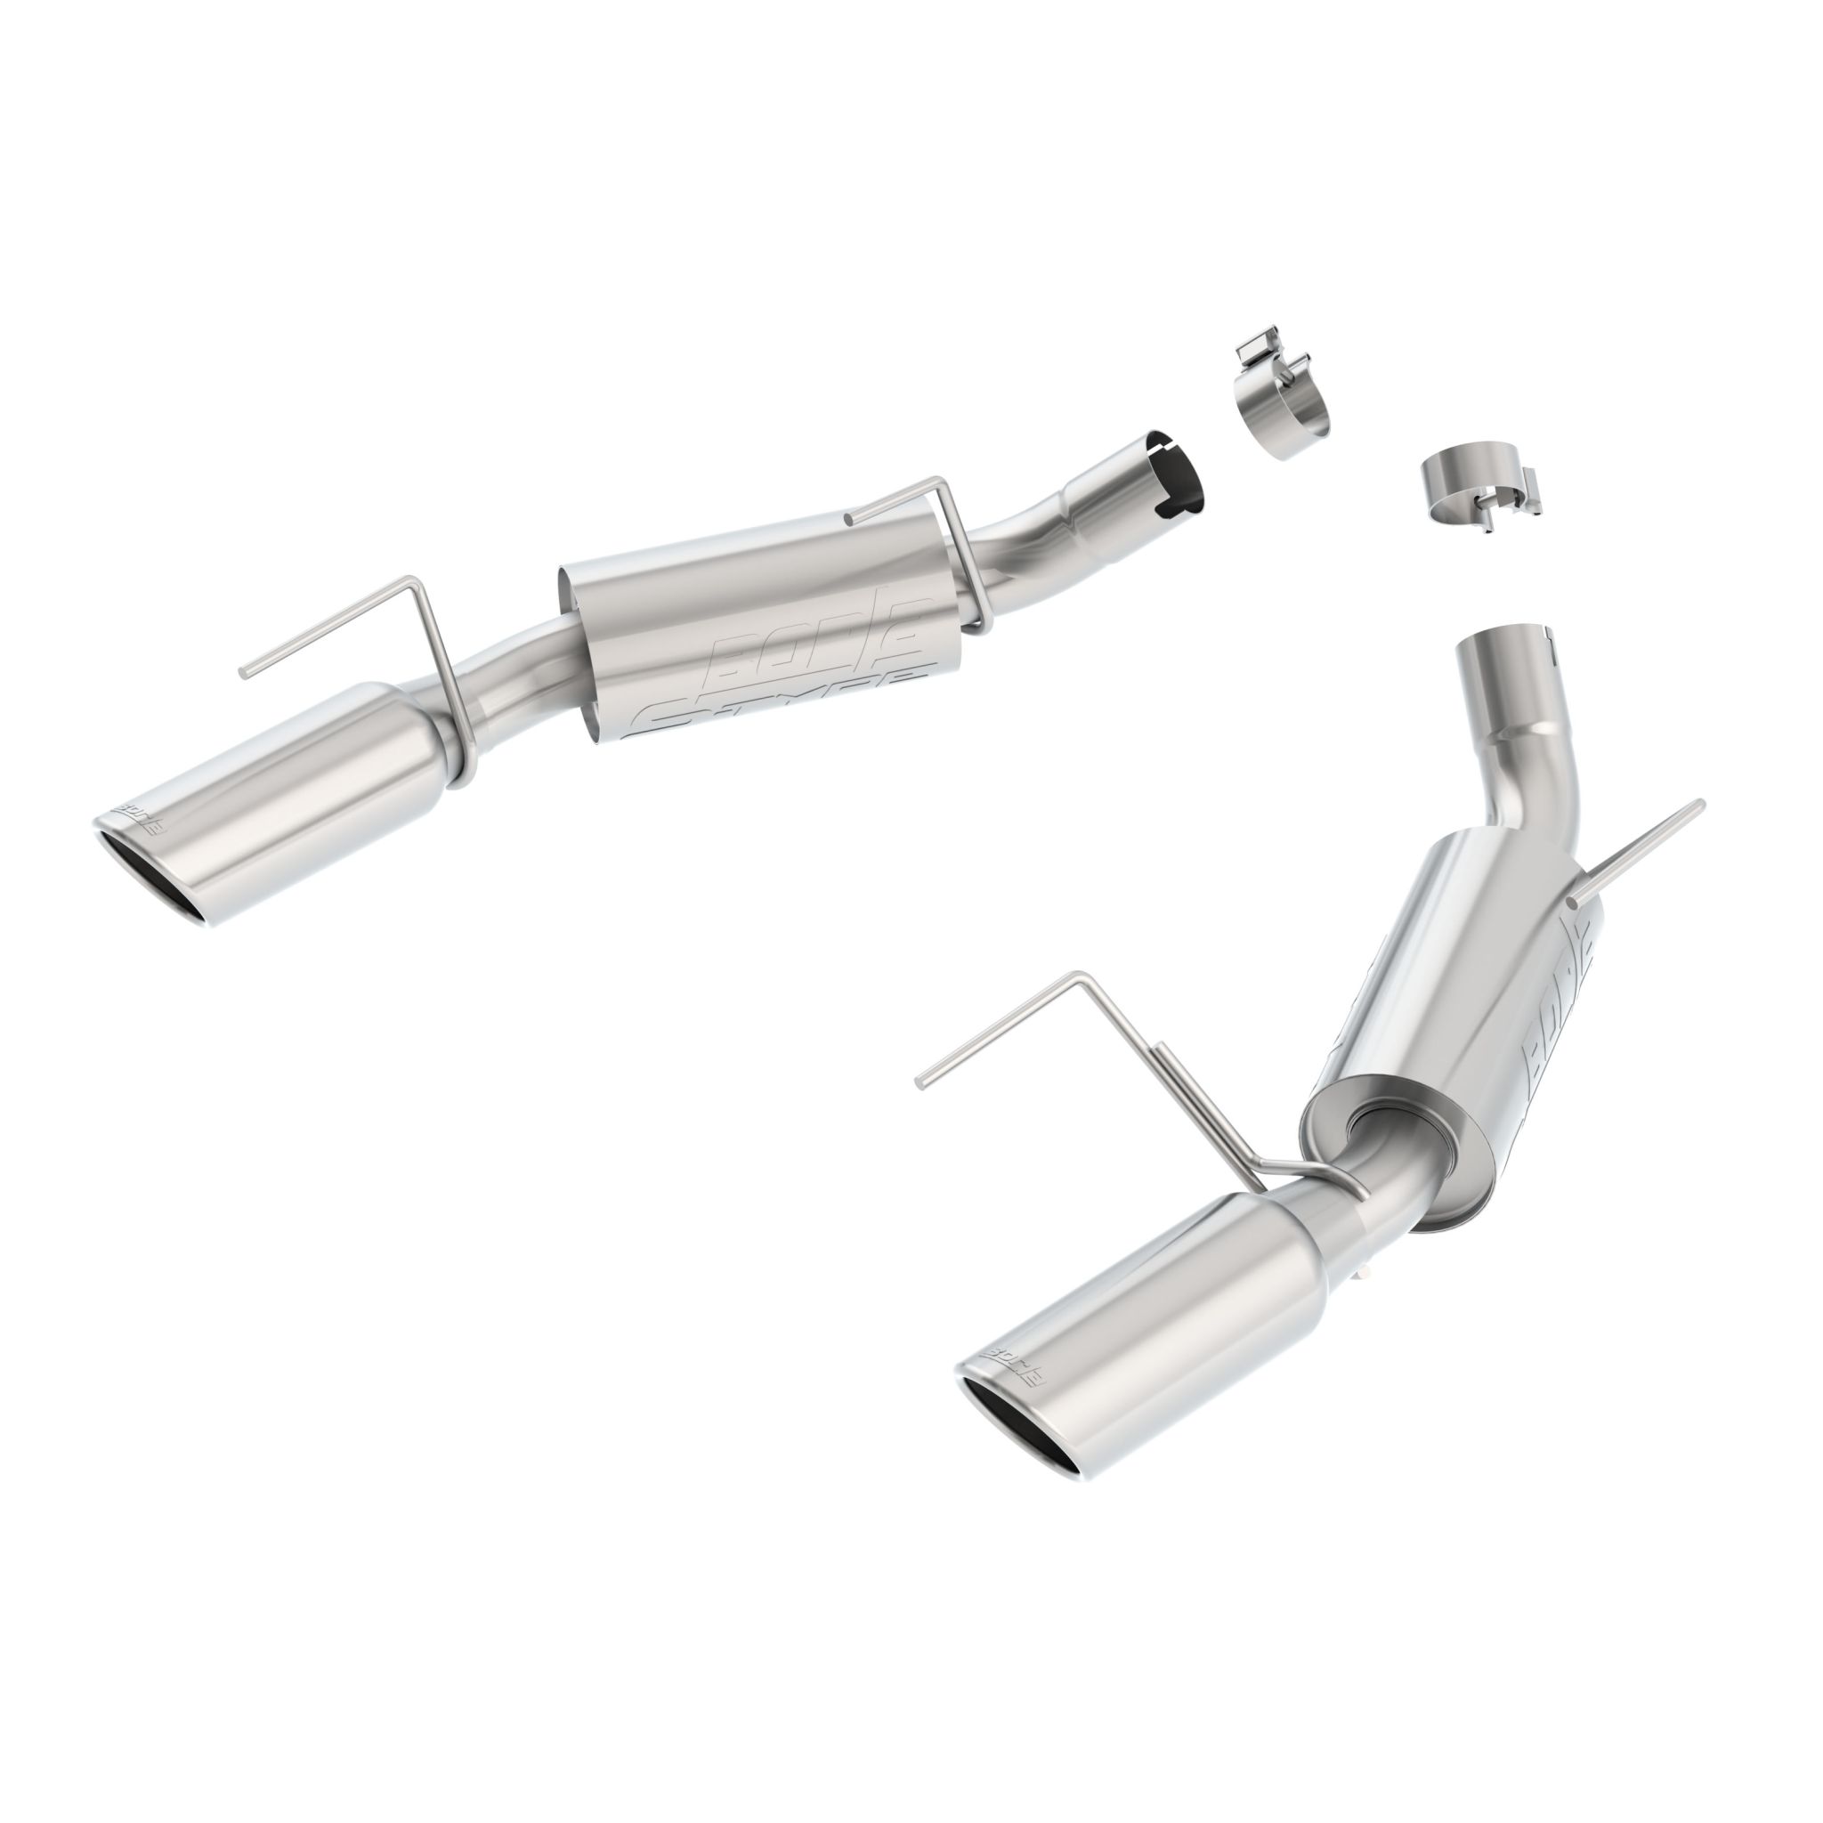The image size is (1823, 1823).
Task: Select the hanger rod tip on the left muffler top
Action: pyautogui.click(x=849, y=517)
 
